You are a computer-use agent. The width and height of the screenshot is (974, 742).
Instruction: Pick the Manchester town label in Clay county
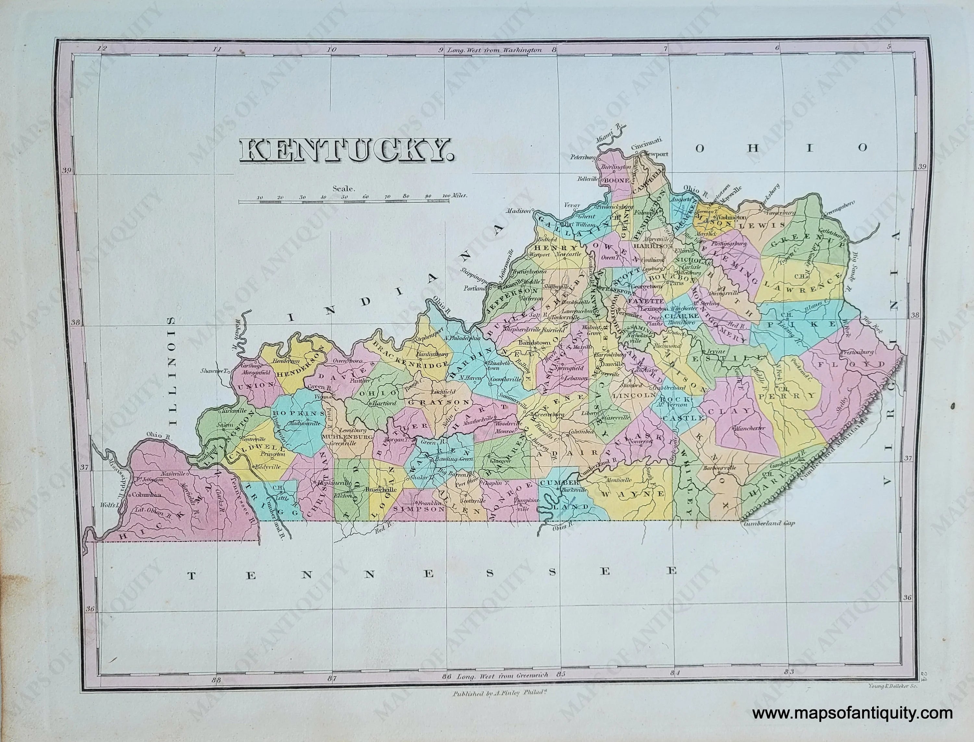[748, 428]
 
